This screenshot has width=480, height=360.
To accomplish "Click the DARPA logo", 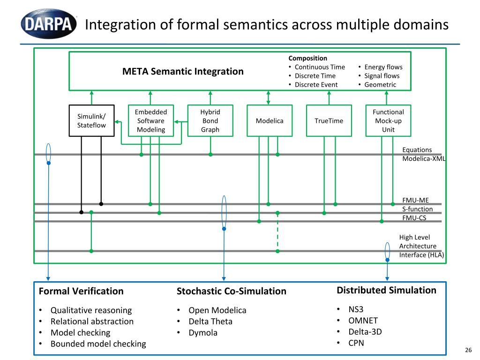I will tap(49, 23).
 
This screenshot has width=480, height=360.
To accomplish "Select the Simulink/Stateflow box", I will tap(91, 120).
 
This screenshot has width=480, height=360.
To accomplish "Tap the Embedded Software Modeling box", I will tap(151, 120).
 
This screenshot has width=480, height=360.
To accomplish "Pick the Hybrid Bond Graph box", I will tap(210, 120).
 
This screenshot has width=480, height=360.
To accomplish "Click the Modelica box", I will tap(270, 120).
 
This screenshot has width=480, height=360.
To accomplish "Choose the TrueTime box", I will tap(329, 120).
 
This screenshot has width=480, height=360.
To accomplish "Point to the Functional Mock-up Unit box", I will tap(388, 120).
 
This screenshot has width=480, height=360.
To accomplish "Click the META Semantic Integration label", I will tap(183, 71).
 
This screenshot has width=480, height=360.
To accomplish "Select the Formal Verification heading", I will tap(81, 291).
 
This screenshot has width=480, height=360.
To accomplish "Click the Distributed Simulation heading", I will tap(386, 290).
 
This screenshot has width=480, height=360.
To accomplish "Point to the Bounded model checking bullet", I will tap(98, 344).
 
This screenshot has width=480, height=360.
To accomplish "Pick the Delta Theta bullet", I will tap(210, 321).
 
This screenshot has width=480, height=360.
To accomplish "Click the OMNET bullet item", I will tap(363, 321).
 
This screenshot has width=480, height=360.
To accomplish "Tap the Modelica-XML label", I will tap(424, 158).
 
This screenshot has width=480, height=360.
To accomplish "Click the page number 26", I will tap(467, 350).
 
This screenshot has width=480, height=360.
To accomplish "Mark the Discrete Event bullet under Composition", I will tap(316, 85).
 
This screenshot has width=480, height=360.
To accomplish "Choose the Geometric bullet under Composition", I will tap(380, 85).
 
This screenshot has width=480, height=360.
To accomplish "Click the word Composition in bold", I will tap(307, 58).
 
